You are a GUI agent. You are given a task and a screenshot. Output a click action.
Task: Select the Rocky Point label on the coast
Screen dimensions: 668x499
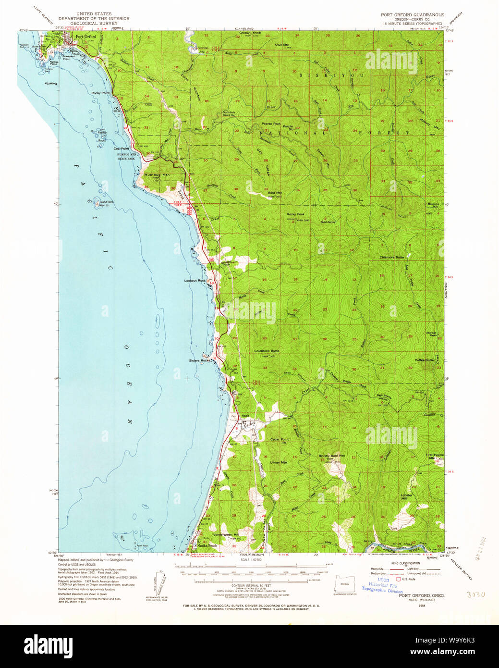point(101,93)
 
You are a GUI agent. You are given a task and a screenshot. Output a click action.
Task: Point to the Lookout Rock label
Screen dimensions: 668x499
point(195,280)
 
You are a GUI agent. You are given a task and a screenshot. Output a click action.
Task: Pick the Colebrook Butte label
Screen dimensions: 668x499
point(266,351)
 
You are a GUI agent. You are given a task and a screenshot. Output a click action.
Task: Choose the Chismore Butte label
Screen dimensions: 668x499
point(392,258)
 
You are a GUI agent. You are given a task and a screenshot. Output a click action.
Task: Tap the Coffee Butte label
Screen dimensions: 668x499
point(424,360)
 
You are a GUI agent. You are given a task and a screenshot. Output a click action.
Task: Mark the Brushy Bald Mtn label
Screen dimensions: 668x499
point(332,456)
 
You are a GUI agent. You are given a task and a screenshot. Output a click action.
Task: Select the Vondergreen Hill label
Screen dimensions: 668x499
point(226,535)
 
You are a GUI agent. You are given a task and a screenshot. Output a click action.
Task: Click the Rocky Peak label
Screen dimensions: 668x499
point(295,214)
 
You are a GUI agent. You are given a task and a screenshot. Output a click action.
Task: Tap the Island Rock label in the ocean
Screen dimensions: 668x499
point(106,202)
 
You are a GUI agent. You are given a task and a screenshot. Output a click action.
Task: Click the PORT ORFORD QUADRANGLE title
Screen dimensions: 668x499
point(412,15)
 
